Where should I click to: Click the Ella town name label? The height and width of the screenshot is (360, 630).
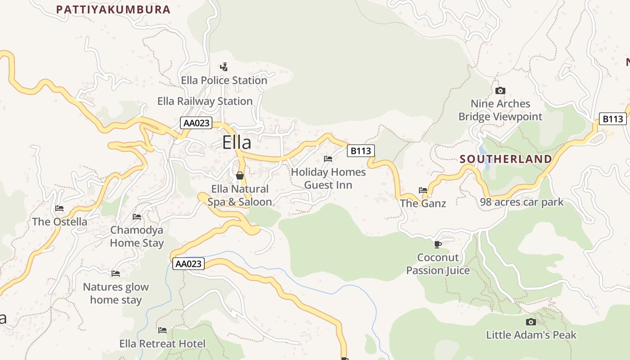click(x=237, y=143)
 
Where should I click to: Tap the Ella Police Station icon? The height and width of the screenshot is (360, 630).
click(x=224, y=67)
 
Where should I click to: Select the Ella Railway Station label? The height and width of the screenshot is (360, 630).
click(x=205, y=101)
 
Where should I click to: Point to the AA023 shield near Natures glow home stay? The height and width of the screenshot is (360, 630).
click(x=188, y=264)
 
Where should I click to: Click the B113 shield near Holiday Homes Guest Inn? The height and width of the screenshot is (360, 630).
click(x=360, y=151)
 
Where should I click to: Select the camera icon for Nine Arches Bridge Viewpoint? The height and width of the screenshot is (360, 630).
click(x=500, y=91)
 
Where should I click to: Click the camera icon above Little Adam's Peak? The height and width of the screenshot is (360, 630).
click(x=531, y=322)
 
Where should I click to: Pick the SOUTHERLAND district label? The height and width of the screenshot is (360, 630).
click(x=506, y=159)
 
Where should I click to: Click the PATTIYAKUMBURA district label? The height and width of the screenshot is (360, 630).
click(x=113, y=9)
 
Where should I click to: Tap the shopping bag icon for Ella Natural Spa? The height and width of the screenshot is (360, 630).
click(x=240, y=175)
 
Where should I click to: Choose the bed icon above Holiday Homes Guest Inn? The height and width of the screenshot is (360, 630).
click(x=328, y=159)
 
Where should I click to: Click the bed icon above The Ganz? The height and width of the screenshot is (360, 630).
click(x=423, y=190)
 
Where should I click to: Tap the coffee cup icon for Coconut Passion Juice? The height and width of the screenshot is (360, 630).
click(x=437, y=244)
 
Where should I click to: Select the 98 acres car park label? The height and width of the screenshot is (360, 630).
click(x=522, y=202)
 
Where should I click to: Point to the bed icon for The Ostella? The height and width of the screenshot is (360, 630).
click(x=59, y=208)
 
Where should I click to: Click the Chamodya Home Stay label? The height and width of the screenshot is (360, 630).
click(x=137, y=236)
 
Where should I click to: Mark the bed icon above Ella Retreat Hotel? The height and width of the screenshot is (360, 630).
click(x=162, y=330)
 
